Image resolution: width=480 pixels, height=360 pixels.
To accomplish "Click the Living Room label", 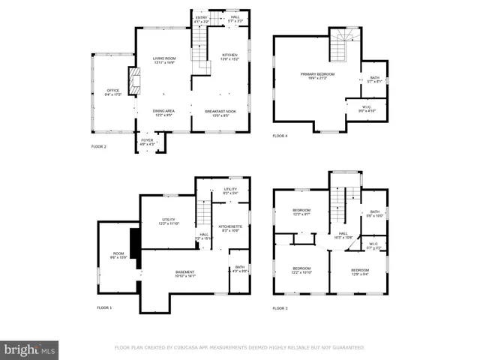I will pos(163,60).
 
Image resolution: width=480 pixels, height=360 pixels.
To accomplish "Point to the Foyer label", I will pos(148,142).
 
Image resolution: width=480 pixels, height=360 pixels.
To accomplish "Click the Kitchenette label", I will pos(229,228).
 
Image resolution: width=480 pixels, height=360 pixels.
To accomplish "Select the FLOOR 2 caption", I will pos(99,147).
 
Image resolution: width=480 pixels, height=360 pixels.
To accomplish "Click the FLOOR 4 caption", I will pos(280,136).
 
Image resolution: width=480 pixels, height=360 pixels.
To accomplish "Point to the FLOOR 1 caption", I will pos(104,308).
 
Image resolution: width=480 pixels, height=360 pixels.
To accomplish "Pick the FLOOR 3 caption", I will pos(280,308).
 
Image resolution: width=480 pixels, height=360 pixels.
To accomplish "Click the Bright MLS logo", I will pos(29,349).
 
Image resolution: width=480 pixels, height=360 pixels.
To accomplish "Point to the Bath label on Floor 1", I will pos(239,270).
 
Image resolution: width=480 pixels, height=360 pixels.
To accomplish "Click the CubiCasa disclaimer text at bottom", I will pos(239,348).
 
